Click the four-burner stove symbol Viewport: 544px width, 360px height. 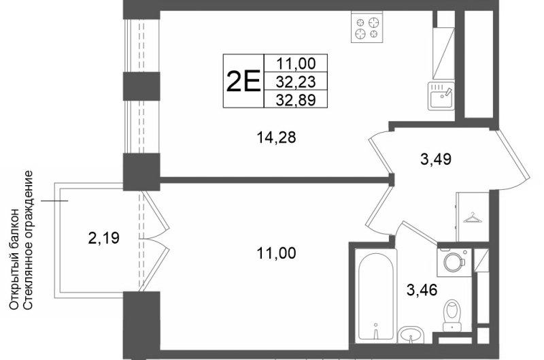[x=367, y=27]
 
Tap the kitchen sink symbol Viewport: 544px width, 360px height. [x=441, y=96]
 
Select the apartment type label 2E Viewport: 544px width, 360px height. [x=243, y=81]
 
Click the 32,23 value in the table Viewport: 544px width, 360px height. [x=296, y=82]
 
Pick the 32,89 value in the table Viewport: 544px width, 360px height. [x=296, y=100]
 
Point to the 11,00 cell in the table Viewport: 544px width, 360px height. [x=296, y=63]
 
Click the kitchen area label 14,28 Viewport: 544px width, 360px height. [x=276, y=137]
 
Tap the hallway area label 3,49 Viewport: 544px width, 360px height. [x=436, y=159]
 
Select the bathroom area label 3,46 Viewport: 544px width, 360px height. [x=422, y=290]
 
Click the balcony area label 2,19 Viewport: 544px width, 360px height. [x=104, y=238]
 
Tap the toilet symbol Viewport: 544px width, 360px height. [x=452, y=315]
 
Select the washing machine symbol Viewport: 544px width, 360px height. [x=454, y=262]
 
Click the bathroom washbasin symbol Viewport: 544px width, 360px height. [x=411, y=336]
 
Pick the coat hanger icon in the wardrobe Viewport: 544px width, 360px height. [x=472, y=218]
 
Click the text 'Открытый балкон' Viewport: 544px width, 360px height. [x=14, y=259]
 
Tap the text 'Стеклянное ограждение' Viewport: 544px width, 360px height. [x=29, y=240]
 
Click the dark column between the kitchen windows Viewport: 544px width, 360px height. [x=141, y=86]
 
